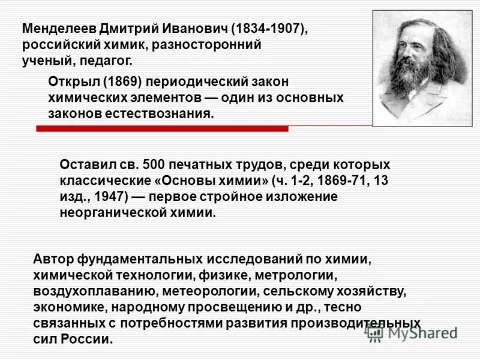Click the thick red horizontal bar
162,128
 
